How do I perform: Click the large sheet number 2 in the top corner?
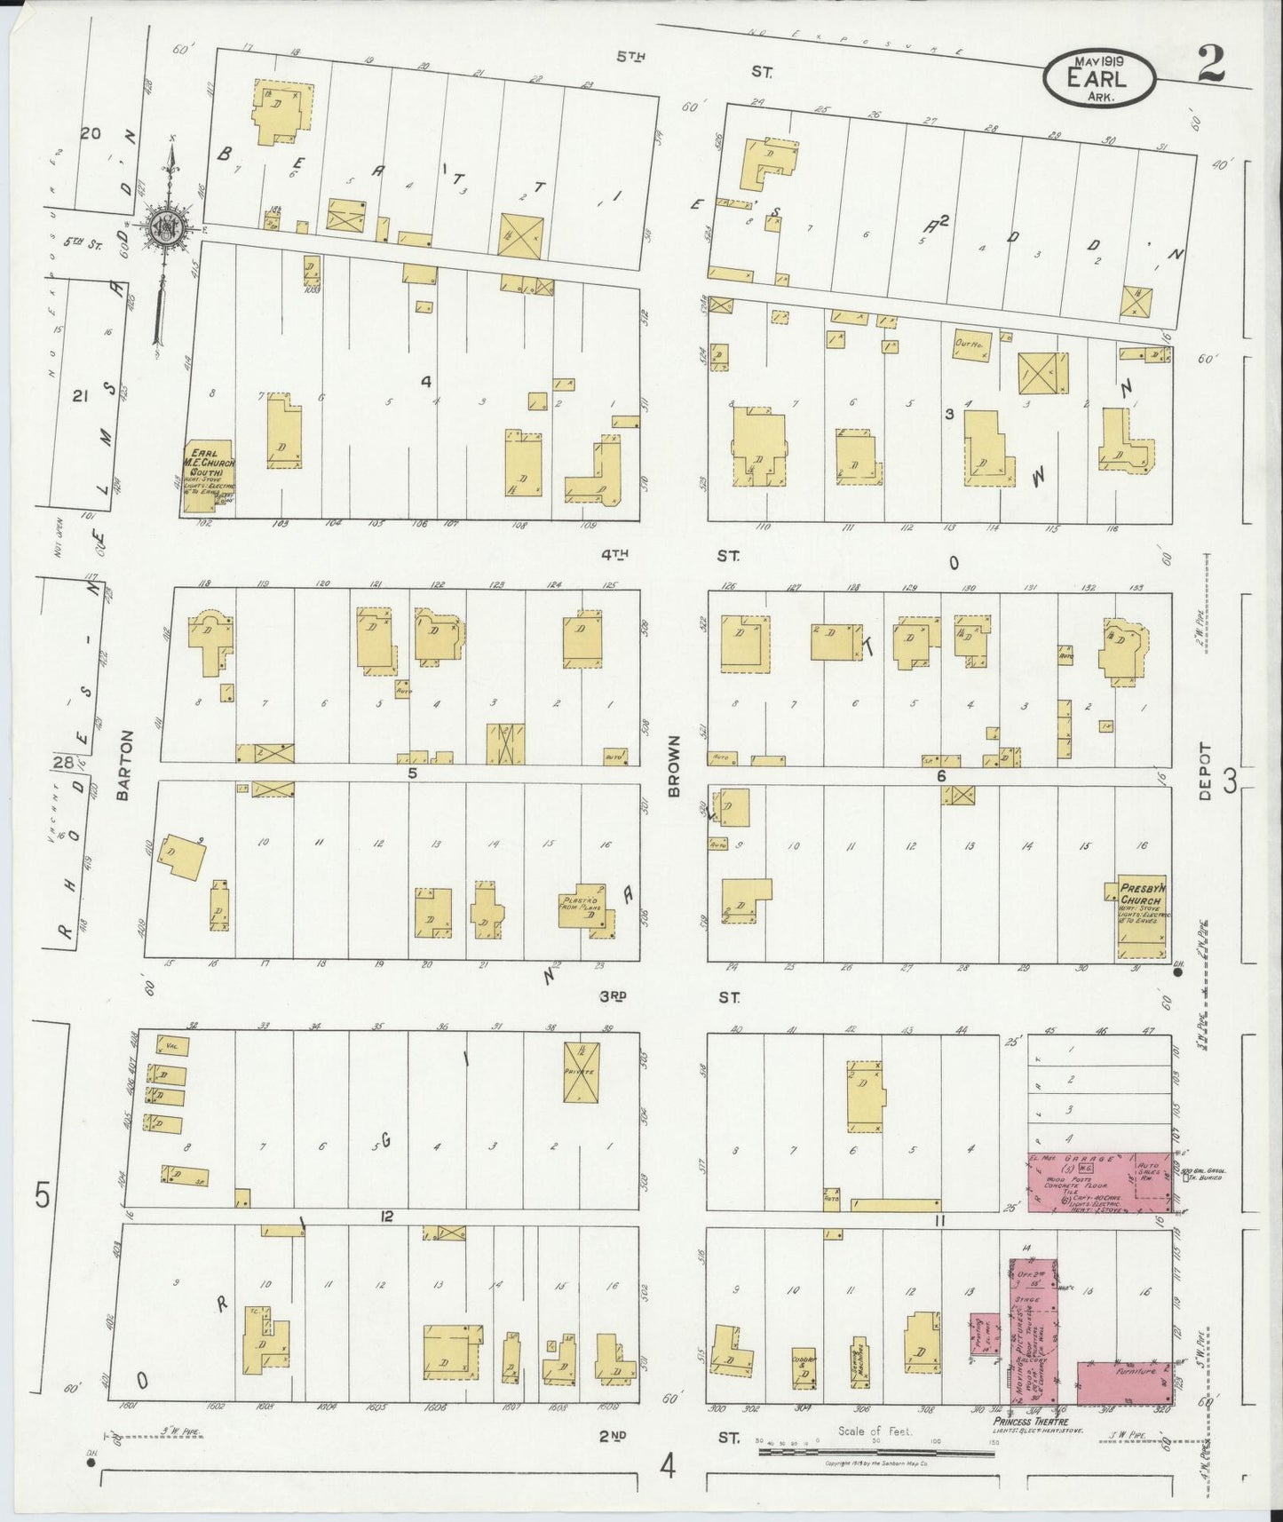point(1210,65)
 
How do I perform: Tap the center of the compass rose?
point(166,227)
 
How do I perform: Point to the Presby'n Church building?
point(1142,920)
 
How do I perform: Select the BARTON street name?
point(124,765)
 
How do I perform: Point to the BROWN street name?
point(673,765)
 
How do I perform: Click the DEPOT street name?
point(1204,772)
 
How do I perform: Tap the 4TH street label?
point(614,555)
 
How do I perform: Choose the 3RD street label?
point(613,997)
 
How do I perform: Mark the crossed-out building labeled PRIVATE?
point(582,1073)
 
